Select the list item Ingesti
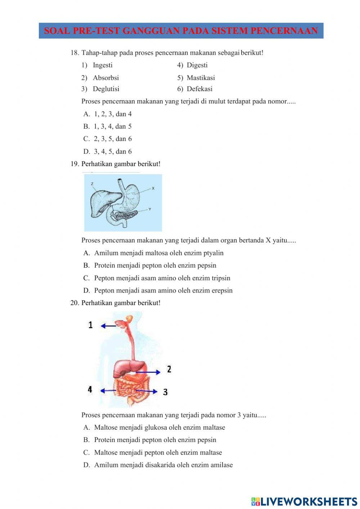click(x=103, y=65)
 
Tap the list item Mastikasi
click(x=201, y=78)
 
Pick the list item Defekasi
click(x=199, y=89)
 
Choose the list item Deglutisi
click(x=106, y=89)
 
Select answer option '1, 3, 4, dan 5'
click(x=112, y=126)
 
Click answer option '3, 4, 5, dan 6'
click(x=112, y=152)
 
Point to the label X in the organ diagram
click(x=153, y=188)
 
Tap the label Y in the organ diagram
click(x=150, y=209)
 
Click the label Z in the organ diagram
click(x=92, y=184)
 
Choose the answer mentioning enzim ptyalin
click(x=158, y=253)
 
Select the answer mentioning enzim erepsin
click(x=163, y=291)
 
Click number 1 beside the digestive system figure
click(x=90, y=325)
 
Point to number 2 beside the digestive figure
click(x=169, y=369)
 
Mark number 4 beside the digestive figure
click(x=90, y=390)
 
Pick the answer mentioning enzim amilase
click(x=163, y=465)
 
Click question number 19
click(x=75, y=164)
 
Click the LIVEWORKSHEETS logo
click(x=304, y=501)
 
